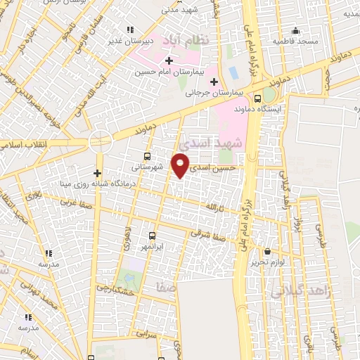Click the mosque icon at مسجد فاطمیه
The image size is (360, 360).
pyautogui.click(x=296, y=31)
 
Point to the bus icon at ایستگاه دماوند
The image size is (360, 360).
pyautogui.click(x=258, y=98)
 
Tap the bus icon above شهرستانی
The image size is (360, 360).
pyautogui.click(x=146, y=156)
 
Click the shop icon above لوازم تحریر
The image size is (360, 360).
pyautogui.click(x=266, y=251)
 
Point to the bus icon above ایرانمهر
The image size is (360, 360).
pyautogui.click(x=152, y=236)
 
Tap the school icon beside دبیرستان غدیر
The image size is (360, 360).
pyautogui.click(x=129, y=29)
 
